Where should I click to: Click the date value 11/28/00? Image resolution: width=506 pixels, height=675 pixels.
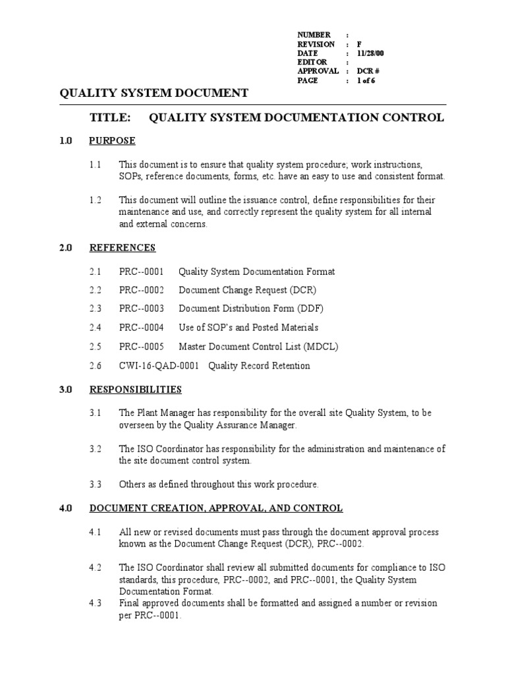tap(370, 53)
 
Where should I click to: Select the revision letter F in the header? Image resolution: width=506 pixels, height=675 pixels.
tap(360, 44)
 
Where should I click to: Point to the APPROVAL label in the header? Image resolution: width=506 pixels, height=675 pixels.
tap(318, 71)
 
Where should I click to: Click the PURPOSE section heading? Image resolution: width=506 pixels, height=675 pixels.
tap(112, 140)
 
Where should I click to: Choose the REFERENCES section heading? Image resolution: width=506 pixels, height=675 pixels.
tap(123, 248)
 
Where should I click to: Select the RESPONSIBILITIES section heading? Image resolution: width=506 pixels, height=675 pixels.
tap(135, 390)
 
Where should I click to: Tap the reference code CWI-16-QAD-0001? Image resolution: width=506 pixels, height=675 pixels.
tap(158, 366)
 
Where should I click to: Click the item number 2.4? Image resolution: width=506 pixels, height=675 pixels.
tap(96, 328)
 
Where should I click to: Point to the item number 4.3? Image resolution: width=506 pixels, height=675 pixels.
tap(96, 603)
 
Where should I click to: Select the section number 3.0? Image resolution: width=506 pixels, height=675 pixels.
tap(65, 390)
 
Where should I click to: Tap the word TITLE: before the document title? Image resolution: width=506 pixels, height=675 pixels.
tap(110, 118)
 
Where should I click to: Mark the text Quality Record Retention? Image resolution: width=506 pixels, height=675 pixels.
tap(259, 366)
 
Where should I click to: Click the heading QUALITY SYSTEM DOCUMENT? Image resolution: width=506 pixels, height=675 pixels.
tap(154, 93)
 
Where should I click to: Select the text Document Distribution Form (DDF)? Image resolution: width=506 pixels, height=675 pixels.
tap(251, 308)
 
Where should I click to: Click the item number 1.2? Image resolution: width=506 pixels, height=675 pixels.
tap(96, 200)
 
